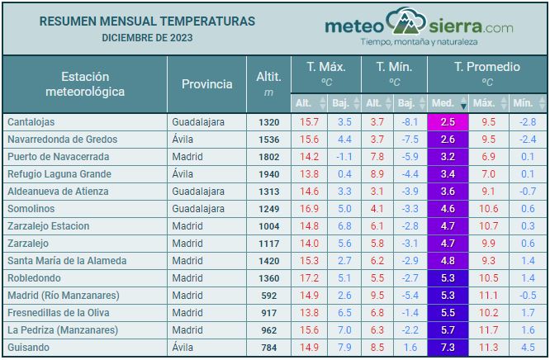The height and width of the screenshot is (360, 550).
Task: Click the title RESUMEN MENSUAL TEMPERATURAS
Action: (x=147, y=21)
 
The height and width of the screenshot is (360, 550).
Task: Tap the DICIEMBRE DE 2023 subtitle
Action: (x=147, y=38)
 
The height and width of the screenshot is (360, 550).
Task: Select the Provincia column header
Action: (x=207, y=84)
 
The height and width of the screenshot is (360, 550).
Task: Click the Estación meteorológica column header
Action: (x=85, y=84)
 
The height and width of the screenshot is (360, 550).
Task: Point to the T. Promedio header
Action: (x=487, y=67)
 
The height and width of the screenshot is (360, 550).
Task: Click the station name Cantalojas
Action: (x=31, y=121)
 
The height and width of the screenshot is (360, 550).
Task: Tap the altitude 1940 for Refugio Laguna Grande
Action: (x=269, y=173)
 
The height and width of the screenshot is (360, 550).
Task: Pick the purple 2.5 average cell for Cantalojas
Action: (x=448, y=121)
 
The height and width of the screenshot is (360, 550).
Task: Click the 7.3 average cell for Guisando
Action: (x=448, y=347)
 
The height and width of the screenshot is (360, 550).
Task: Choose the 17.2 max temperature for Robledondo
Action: (x=309, y=277)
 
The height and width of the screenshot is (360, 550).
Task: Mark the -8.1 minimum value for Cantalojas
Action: (x=410, y=121)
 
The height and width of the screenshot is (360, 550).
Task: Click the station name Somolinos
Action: (x=31, y=208)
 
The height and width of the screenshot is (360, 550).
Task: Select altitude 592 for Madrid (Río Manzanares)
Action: (x=269, y=295)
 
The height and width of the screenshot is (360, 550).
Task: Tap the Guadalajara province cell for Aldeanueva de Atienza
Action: (x=198, y=191)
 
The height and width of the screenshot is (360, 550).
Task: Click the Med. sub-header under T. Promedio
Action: (x=443, y=103)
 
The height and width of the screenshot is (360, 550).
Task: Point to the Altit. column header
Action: (x=269, y=84)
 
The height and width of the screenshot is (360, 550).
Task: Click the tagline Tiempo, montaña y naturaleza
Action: (x=420, y=41)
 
